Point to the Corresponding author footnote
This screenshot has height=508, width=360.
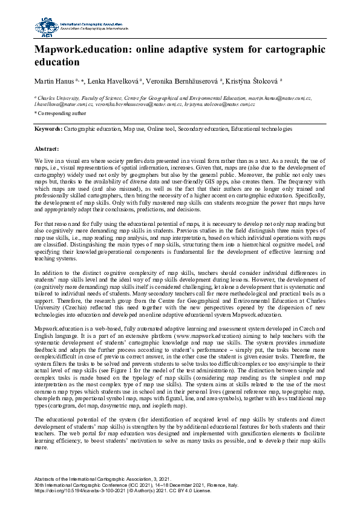coord(61,113)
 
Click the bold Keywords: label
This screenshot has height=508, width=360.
coord(48,129)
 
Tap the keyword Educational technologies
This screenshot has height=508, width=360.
coord(263,129)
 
